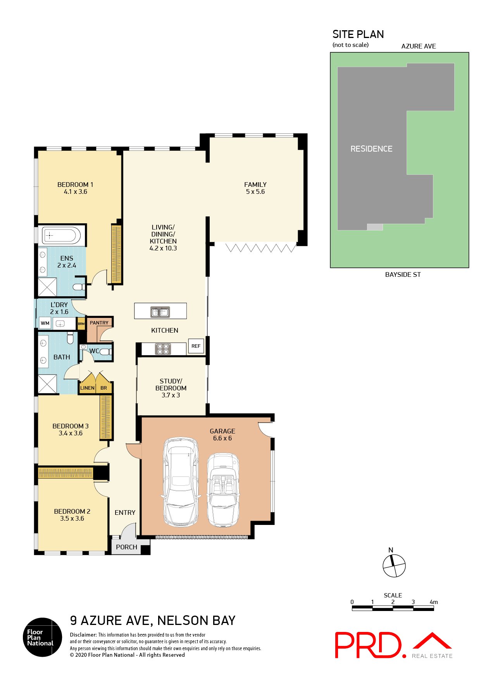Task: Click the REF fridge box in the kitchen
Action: coord(196,346)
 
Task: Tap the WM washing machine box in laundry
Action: coord(45,323)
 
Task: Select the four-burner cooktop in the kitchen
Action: coord(163,349)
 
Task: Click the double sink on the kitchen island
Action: coord(160,312)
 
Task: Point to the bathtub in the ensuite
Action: coord(61,235)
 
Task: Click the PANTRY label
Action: coord(99,323)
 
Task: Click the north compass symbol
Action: coord(394,566)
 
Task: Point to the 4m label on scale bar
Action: coord(433,602)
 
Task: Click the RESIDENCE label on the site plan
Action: coord(371,149)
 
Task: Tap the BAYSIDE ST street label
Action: coord(403,274)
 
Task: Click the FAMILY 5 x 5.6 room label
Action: coord(255,188)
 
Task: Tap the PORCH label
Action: coord(126,547)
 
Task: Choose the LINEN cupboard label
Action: coord(87,388)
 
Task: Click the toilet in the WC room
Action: coord(105,352)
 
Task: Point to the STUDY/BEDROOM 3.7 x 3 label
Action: coord(171,388)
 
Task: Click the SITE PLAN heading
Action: coord(358,35)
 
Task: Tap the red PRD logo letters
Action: coord(368,645)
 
